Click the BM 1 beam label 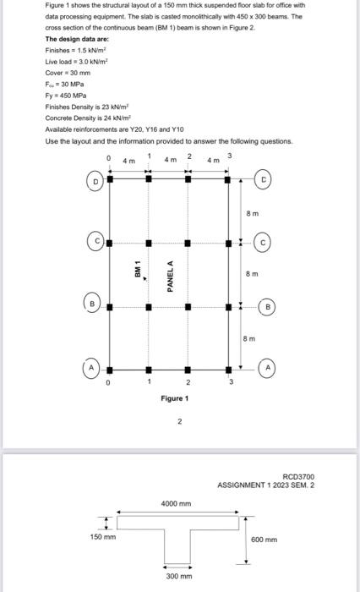137,271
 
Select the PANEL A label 170,276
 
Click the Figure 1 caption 175,397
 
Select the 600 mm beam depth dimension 264,538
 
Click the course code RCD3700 298,477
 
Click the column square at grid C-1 148,243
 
